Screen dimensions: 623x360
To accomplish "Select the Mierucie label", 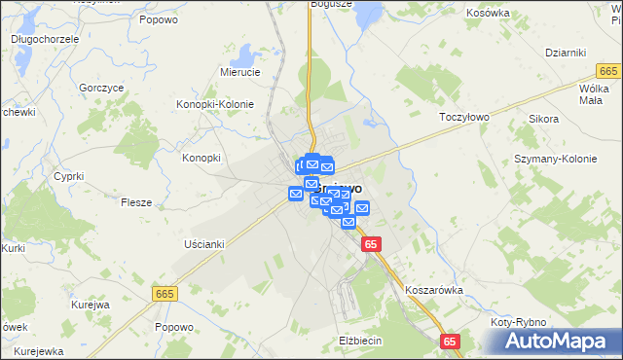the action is click(239, 72).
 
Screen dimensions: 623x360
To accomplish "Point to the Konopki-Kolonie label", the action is click(214, 104).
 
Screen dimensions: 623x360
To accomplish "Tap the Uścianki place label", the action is click(203, 244).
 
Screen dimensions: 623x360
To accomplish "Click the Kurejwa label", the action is click(89, 305).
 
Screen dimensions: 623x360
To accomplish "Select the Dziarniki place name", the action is click(565, 53).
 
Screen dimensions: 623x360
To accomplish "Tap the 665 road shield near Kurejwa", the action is click(165, 293).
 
